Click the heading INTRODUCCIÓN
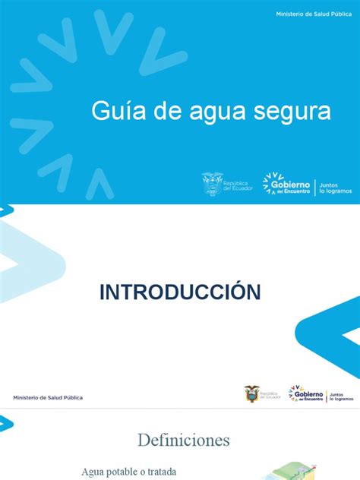pyautogui.click(x=181, y=292)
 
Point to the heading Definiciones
pyautogui.click(x=183, y=440)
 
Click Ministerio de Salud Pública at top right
pyautogui.click(x=313, y=15)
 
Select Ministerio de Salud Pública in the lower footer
pyautogui.click(x=48, y=397)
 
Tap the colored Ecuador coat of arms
pyautogui.click(x=251, y=393)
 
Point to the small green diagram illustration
pyautogui.click(x=274, y=472)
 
